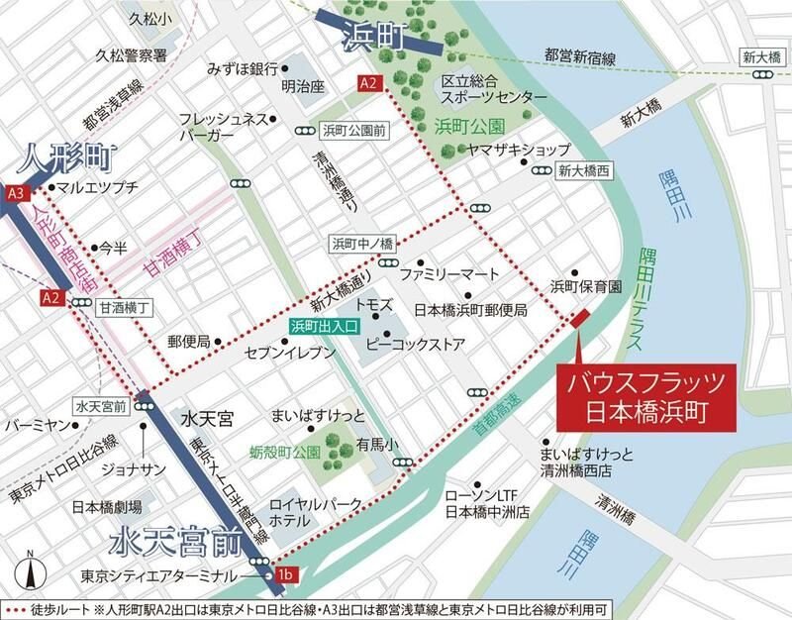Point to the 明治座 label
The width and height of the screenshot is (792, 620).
click(x=303, y=87)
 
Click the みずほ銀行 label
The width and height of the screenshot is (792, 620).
click(x=241, y=69)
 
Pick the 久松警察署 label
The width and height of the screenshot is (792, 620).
click(x=130, y=55)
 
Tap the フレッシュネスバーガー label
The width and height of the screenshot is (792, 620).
click(x=223, y=126)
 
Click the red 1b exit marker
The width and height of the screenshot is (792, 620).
click(x=287, y=574)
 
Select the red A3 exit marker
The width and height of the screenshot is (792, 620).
click(x=15, y=192)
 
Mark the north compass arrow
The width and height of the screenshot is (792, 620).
click(x=33, y=571)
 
